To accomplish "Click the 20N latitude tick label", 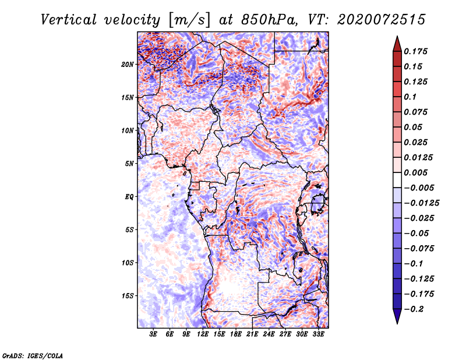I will click(128, 64).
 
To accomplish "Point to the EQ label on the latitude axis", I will click(129, 197).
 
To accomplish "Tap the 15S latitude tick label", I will click(128, 296).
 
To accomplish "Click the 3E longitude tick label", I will click(153, 335).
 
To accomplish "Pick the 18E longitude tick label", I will click(235, 335).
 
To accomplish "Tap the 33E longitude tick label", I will click(317, 335).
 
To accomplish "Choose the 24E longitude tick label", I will click(268, 335).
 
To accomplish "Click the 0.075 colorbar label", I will click(416, 112).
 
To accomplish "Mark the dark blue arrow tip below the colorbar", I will click(397, 320).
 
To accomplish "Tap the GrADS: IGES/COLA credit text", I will click(33, 355).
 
